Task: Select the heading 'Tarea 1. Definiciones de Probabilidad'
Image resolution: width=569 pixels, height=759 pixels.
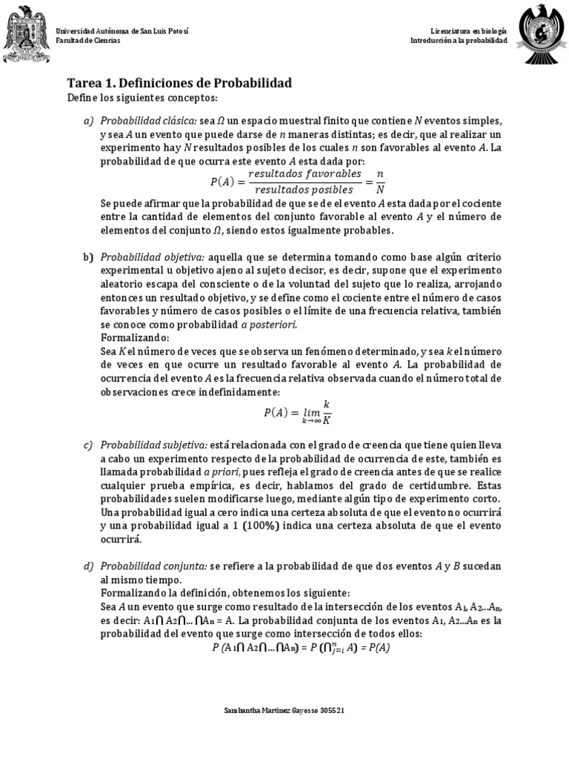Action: pos(179,83)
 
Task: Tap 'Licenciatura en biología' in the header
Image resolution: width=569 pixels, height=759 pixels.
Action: pos(469,31)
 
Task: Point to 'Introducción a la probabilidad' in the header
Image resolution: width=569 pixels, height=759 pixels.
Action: pos(459,41)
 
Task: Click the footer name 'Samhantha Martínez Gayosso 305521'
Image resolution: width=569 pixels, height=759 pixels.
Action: pos(284,710)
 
